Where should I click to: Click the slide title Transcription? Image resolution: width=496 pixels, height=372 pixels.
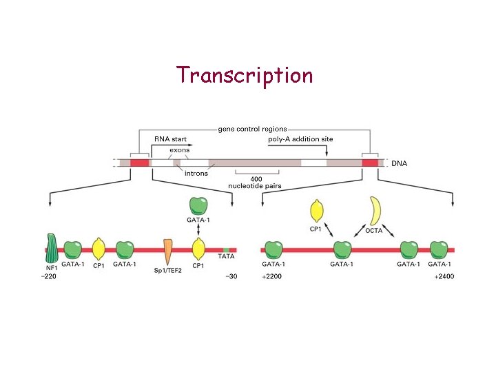[245, 74]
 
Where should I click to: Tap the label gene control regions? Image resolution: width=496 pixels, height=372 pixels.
[252, 129]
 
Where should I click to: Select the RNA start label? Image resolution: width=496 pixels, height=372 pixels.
[170, 139]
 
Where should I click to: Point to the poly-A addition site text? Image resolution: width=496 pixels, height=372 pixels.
[300, 139]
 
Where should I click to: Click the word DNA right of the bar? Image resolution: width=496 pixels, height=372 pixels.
[400, 163]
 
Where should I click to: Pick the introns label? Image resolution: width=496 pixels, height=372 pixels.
[196, 174]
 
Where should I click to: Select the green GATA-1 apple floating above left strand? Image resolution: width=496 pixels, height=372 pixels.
[198, 205]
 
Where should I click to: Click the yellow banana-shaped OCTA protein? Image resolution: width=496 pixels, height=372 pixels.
[375, 211]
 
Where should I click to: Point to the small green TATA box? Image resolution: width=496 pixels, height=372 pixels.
[226, 249]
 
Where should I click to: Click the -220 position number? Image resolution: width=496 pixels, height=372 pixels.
[49, 276]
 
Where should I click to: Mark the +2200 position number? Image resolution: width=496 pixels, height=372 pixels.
[273, 276]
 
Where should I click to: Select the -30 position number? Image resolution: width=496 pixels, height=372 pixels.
[231, 276]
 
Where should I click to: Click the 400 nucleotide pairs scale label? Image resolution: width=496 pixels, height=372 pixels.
[255, 183]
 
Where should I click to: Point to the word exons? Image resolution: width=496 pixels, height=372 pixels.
[180, 150]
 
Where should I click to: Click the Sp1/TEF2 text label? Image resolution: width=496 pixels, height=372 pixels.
[167, 270]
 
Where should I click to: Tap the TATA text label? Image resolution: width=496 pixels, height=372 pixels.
[226, 257]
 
